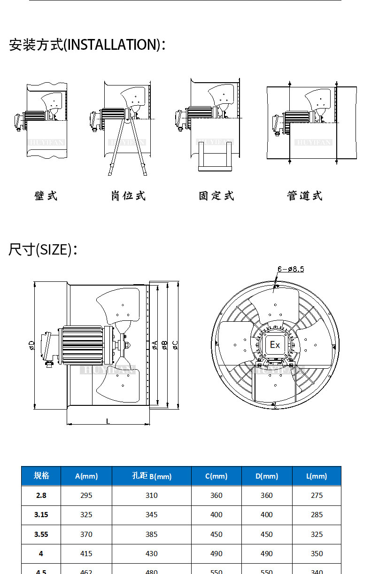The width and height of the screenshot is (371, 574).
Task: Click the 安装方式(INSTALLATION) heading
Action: point(87,45)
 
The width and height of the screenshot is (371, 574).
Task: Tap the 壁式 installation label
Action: point(46,196)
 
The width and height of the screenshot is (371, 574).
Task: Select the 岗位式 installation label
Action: point(128,196)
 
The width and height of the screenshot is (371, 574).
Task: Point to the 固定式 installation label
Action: point(216,196)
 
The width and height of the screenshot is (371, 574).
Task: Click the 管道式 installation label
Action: point(305,196)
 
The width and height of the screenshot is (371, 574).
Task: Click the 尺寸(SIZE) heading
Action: point(43,249)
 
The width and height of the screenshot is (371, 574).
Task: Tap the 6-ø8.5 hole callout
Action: point(291,269)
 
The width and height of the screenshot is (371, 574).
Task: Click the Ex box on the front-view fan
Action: point(275,345)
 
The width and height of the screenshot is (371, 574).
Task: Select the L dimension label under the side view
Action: point(108,421)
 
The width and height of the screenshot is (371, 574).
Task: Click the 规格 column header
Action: point(41,475)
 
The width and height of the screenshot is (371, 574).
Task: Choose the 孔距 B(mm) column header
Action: point(152,476)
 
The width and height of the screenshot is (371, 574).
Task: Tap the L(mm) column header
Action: point(317,476)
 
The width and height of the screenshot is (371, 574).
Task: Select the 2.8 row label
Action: point(41,495)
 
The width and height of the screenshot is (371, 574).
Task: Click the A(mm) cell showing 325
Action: point(86,514)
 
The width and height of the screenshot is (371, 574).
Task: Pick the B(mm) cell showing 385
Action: point(152,534)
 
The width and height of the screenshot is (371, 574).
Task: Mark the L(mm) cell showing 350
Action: point(317,553)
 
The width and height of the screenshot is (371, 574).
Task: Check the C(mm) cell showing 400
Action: point(216,514)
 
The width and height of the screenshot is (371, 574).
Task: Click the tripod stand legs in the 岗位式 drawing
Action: point(127,148)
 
